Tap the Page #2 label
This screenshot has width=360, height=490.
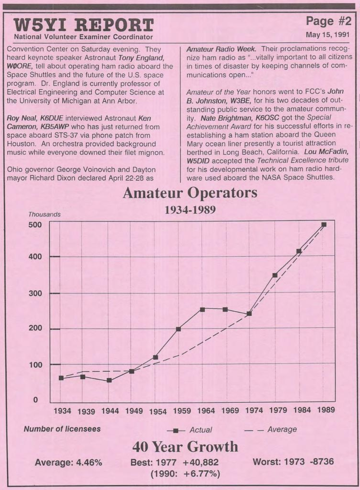click(328, 21)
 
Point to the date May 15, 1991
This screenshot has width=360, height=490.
click(328, 35)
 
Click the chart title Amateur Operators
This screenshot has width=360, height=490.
click(190, 193)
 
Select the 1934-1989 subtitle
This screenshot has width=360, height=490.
click(190, 210)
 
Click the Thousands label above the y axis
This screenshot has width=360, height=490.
click(44, 214)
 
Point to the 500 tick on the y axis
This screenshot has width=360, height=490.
click(35, 225)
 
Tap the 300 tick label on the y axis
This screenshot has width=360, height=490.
click(35, 293)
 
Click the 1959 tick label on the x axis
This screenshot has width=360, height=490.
click(182, 411)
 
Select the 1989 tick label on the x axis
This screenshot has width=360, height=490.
click(326, 410)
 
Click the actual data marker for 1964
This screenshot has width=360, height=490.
click(202, 310)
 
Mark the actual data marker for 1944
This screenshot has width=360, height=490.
click(109, 380)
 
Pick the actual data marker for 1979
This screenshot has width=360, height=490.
click(275, 275)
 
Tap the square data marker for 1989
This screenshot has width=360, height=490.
click(324, 224)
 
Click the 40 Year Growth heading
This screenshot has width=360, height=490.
click(185, 447)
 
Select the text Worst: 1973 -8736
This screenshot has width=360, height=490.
click(293, 461)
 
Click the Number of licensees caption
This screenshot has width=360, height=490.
click(62, 429)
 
